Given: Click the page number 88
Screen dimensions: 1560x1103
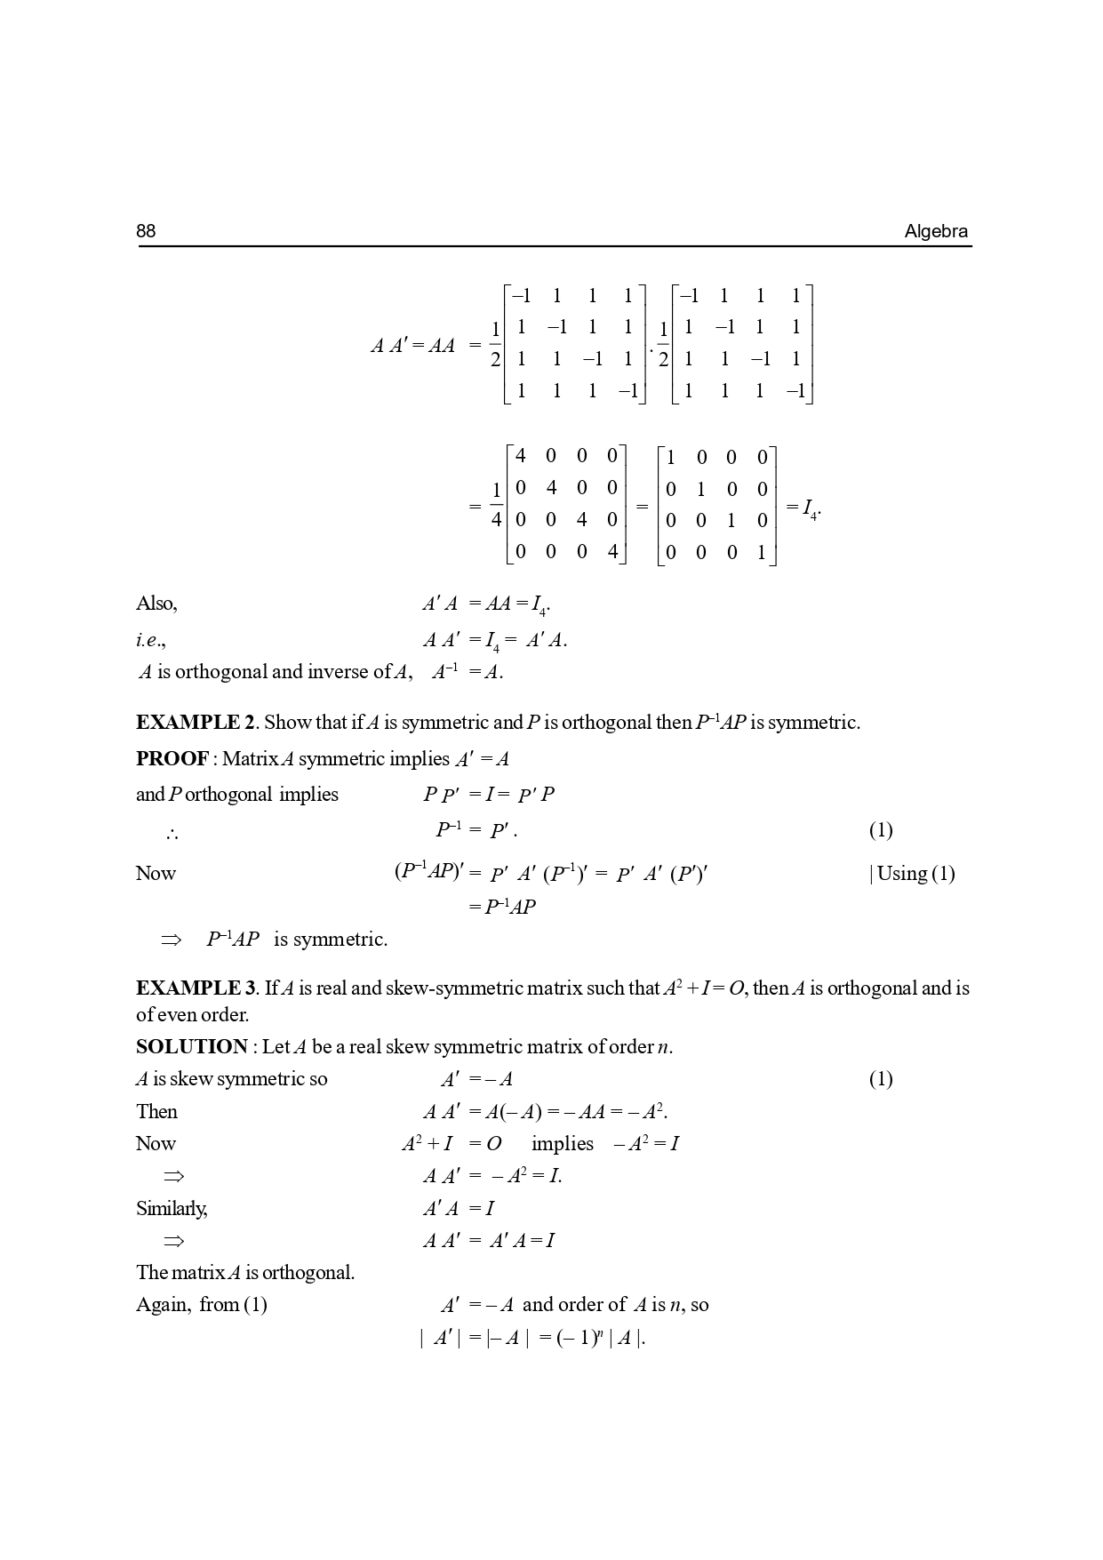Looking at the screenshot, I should coord(146,232).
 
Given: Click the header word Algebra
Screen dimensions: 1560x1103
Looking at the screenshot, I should coord(936,232).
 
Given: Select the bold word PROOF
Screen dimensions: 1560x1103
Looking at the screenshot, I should coord(172,759).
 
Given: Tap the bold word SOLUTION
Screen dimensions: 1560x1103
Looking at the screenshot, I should coord(191,1047).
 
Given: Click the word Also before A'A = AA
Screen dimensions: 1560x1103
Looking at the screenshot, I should coord(156,604).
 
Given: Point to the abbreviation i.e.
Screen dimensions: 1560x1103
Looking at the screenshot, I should coord(151,640).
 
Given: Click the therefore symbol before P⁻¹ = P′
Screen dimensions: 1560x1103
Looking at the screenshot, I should coord(172,834).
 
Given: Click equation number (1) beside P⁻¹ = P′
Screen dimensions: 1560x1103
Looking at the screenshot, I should coord(880,830).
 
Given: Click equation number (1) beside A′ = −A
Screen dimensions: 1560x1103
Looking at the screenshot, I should coord(880,1079).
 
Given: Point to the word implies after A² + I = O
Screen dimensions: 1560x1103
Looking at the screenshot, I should coord(562,1144).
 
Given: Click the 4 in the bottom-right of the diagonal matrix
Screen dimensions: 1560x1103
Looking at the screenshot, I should coord(612,552).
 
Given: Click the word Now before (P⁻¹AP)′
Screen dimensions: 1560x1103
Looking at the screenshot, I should coord(156,874).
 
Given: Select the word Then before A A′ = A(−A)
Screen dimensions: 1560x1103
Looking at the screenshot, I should coord(156,1112).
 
